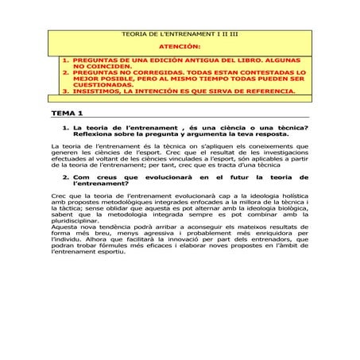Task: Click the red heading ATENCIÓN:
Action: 180,48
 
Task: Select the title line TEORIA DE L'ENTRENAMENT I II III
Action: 179,37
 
